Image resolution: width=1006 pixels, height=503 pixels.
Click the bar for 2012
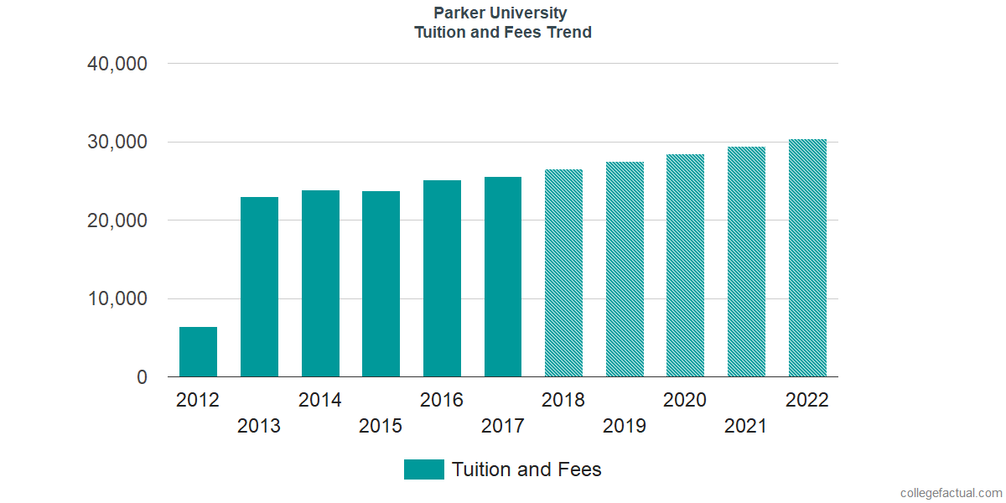tap(198, 352)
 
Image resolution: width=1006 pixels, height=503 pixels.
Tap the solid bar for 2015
tap(381, 284)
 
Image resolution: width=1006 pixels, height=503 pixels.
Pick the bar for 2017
tap(503, 277)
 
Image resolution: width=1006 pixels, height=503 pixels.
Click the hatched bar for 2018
tap(563, 273)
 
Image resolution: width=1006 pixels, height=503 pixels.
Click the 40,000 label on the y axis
tap(117, 64)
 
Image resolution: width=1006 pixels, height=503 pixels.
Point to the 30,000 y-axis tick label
tap(117, 143)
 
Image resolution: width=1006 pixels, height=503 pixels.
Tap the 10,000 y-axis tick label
tap(117, 299)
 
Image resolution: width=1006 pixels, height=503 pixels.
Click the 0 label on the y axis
tap(142, 378)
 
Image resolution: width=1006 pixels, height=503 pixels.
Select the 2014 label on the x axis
tap(319, 400)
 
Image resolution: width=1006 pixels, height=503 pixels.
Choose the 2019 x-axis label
tap(625, 426)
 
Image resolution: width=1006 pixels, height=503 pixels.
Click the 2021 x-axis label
tap(745, 426)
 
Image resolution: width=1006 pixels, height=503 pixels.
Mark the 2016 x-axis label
tap(442, 400)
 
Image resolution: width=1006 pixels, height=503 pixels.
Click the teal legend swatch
tap(423, 469)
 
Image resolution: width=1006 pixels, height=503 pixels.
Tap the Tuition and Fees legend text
tap(526, 469)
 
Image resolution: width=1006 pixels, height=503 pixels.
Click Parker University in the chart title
tap(500, 13)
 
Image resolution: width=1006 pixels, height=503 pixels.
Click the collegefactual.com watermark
tap(951, 493)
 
